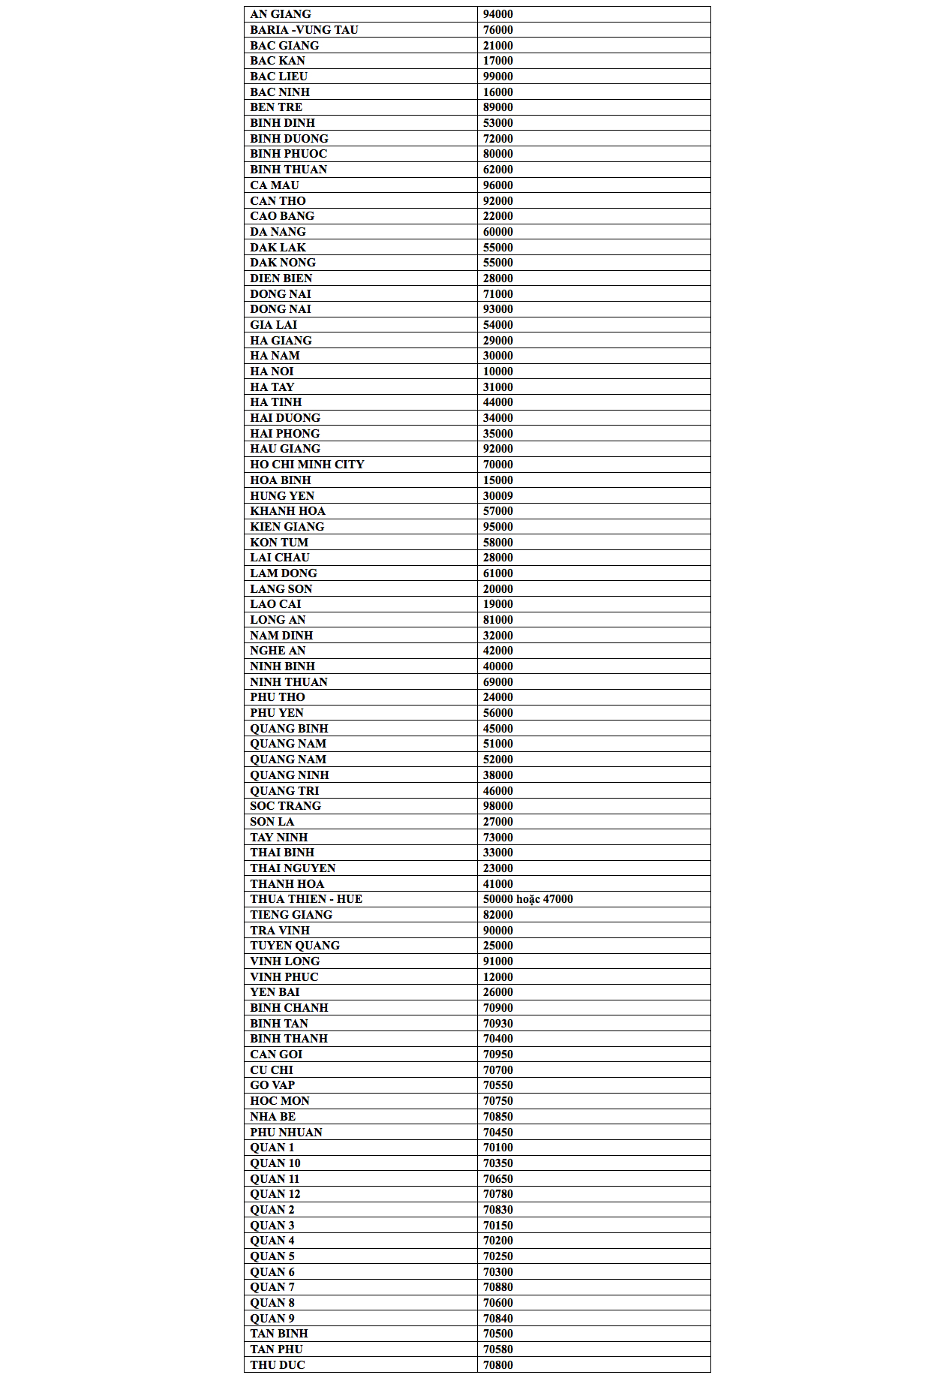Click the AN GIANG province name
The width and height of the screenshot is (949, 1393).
tap(280, 14)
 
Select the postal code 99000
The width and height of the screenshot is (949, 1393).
tap(497, 77)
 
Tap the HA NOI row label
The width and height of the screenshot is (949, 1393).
tap(272, 372)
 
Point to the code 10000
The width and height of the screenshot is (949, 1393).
tap(497, 372)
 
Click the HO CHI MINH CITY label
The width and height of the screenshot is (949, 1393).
tap(307, 465)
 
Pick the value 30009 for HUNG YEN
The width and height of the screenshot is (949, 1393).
tap(497, 496)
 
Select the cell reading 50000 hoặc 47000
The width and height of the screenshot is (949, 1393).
tap(527, 899)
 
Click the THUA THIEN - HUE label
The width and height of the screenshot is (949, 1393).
tap(306, 899)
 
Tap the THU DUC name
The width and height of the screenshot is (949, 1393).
tap(278, 1365)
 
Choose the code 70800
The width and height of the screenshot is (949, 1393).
tap(497, 1365)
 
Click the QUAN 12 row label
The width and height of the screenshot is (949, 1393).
tap(275, 1194)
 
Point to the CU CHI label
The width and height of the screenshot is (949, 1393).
tap(272, 1070)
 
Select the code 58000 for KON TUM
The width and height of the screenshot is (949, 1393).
tap(497, 543)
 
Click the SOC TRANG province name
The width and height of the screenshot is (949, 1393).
tap(285, 806)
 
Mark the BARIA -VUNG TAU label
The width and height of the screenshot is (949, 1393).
tap(304, 30)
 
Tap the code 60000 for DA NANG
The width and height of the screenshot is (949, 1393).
tap(497, 232)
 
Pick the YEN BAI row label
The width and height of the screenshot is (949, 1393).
tap(275, 992)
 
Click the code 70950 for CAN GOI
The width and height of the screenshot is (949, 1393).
tap(497, 1055)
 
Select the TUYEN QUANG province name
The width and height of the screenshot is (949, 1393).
tap(295, 946)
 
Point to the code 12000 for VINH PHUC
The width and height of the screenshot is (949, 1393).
tap(497, 977)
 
